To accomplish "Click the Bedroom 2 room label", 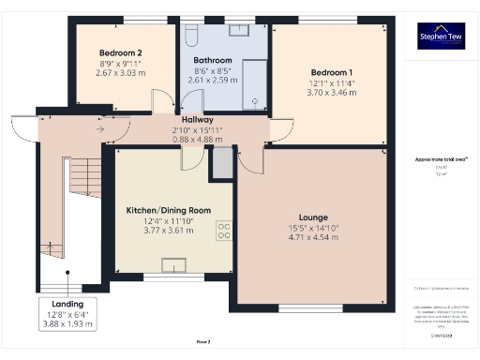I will point(121,52).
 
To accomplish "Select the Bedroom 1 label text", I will point(332,72).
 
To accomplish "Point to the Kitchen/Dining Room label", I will point(169,211).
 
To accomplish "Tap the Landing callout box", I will point(67,313).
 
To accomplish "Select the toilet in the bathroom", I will point(191,35).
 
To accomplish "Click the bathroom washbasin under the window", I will point(238,29).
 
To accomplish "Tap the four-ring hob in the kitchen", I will point(225,231).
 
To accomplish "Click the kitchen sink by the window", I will point(173,266).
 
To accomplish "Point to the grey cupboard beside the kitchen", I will point(221,162).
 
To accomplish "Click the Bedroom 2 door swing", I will point(161,101).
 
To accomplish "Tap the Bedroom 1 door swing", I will point(278,132).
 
